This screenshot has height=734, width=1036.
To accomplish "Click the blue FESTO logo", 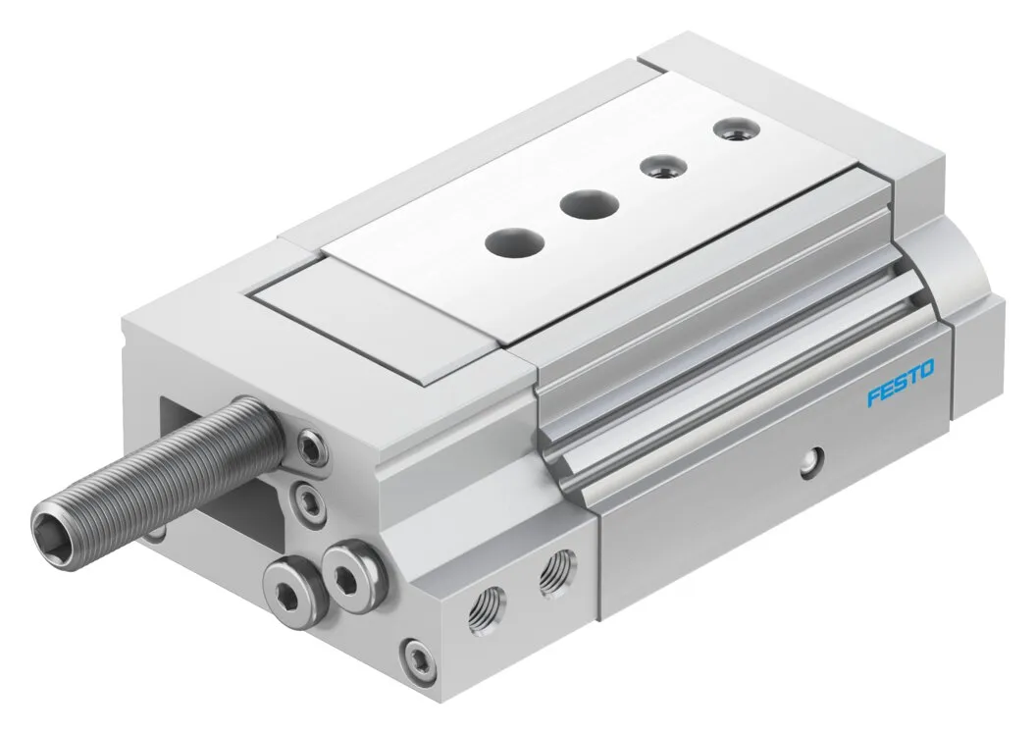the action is (x=901, y=382).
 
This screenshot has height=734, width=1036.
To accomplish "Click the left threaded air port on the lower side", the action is (x=487, y=605).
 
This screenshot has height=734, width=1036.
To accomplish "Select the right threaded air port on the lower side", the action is (x=556, y=570).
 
